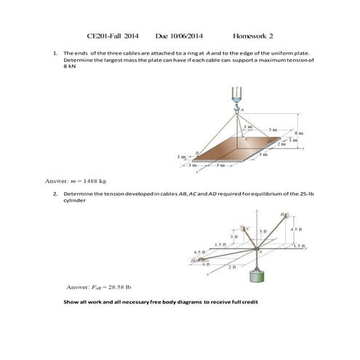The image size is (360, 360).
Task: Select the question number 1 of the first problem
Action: [56, 53]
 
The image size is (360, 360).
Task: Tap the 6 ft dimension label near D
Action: [206, 264]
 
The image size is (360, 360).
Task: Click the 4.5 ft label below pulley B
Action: [294, 230]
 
